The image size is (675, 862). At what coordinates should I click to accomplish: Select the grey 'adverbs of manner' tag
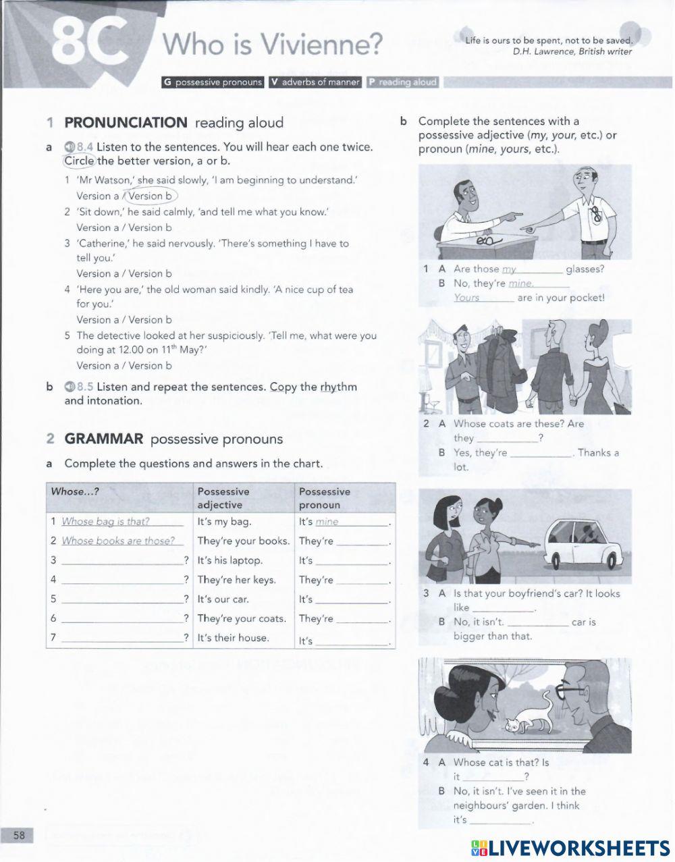tap(315, 82)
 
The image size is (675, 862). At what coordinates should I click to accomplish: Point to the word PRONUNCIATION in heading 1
tap(126, 123)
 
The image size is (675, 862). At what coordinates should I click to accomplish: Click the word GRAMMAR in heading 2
tap(104, 439)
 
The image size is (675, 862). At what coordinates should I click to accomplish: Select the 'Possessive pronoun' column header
tap(325, 498)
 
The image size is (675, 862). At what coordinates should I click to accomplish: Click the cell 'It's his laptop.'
tap(230, 560)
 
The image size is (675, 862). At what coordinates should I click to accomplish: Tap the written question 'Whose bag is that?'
tap(105, 521)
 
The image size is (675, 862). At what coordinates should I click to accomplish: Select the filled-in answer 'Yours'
tap(466, 298)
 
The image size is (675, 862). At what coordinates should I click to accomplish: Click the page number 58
tap(19, 836)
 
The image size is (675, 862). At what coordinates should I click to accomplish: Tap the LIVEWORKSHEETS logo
tap(570, 848)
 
